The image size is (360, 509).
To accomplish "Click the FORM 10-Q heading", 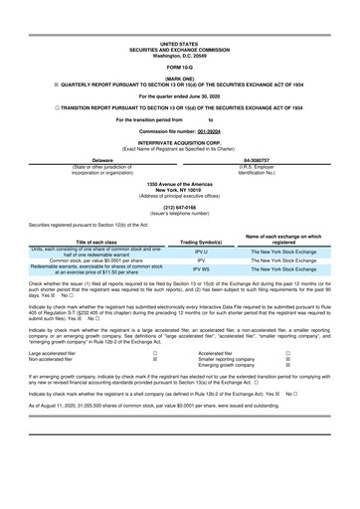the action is click(179, 66).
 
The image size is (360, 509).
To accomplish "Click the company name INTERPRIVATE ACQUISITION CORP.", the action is click(179, 141).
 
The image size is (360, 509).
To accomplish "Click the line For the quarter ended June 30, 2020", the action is click(179, 94).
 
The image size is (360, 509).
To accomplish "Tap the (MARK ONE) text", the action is click(179, 77).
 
